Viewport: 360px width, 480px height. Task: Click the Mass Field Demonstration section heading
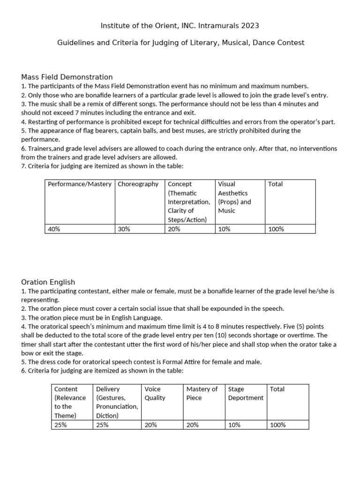[67, 77]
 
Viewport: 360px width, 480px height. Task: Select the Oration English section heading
[48, 282]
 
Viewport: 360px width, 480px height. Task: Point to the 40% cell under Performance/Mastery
[54, 229]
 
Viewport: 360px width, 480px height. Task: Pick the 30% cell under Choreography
[124, 229]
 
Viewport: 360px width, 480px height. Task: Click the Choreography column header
[138, 184]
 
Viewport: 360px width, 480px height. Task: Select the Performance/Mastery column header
[80, 184]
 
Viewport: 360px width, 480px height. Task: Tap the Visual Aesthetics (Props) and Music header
[234, 197]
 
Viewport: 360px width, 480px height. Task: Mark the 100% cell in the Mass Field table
[276, 229]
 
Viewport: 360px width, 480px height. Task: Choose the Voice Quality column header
[155, 393]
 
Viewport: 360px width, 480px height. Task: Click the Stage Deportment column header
[246, 393]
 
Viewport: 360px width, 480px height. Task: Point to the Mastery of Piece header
[202, 393]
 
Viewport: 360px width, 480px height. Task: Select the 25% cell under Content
[61, 425]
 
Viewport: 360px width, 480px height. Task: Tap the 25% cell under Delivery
[102, 425]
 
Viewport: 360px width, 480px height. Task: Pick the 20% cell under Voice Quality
[151, 425]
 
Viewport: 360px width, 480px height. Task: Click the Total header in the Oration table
[277, 389]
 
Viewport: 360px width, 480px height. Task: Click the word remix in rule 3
[95, 104]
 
